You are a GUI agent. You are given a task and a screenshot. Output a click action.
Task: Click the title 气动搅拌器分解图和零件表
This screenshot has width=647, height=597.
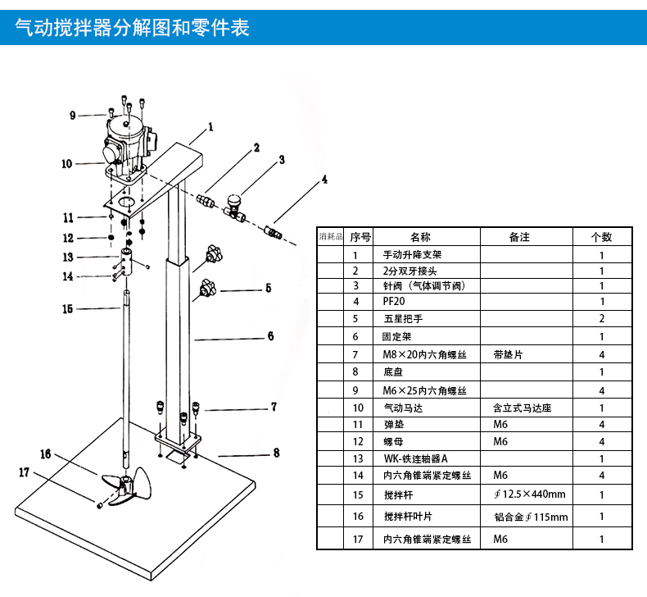(x=132, y=27)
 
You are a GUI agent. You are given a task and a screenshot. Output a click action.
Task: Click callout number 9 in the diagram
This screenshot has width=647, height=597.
(x=73, y=116)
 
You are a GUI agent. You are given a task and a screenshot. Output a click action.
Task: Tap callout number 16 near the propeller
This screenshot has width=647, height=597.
(x=46, y=453)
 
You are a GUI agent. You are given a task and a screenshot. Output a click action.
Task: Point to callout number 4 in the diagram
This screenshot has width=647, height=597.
(x=324, y=179)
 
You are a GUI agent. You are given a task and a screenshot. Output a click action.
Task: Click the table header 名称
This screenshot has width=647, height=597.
(x=419, y=237)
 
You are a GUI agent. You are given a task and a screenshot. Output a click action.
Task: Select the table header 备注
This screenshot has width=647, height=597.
(x=519, y=237)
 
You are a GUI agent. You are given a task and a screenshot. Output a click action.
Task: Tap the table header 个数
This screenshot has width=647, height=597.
(x=601, y=237)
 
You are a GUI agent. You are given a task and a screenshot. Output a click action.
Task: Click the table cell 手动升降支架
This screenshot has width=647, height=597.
(x=413, y=255)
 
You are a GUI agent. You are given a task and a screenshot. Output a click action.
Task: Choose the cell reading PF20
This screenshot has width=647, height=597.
(x=395, y=302)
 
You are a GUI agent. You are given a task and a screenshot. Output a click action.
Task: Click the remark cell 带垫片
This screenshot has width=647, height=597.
(x=508, y=355)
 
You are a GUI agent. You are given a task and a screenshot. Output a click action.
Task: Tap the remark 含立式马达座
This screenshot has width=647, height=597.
(x=519, y=408)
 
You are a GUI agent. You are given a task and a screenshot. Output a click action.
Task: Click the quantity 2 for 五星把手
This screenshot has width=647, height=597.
(x=601, y=318)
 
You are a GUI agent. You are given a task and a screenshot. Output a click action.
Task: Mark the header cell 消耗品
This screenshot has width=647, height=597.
(x=330, y=237)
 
